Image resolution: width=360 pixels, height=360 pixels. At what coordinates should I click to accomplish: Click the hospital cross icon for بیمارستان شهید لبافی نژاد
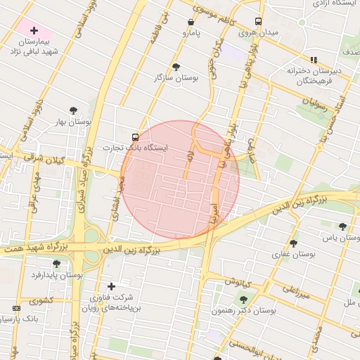point(33,30)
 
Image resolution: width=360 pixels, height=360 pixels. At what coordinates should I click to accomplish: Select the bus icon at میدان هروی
point(258,21)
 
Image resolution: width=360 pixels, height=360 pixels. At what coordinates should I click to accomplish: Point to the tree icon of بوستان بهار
point(73,110)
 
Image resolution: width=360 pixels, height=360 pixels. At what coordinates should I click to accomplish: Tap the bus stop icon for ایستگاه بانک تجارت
point(135,136)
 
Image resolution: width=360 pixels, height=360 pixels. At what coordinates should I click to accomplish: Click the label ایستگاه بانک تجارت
point(135,148)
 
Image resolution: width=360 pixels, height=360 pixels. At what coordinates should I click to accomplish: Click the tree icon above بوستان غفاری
point(293,243)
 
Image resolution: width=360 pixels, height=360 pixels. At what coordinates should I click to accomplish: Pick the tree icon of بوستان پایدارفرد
point(56,263)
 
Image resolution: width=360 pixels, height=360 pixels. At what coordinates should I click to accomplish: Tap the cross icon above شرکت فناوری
point(111,286)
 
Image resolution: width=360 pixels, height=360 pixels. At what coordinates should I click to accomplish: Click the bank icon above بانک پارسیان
point(17,308)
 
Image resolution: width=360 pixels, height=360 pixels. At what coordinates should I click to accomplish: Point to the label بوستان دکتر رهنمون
point(245,310)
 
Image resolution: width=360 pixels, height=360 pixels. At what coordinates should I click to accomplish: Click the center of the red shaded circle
point(180,180)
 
